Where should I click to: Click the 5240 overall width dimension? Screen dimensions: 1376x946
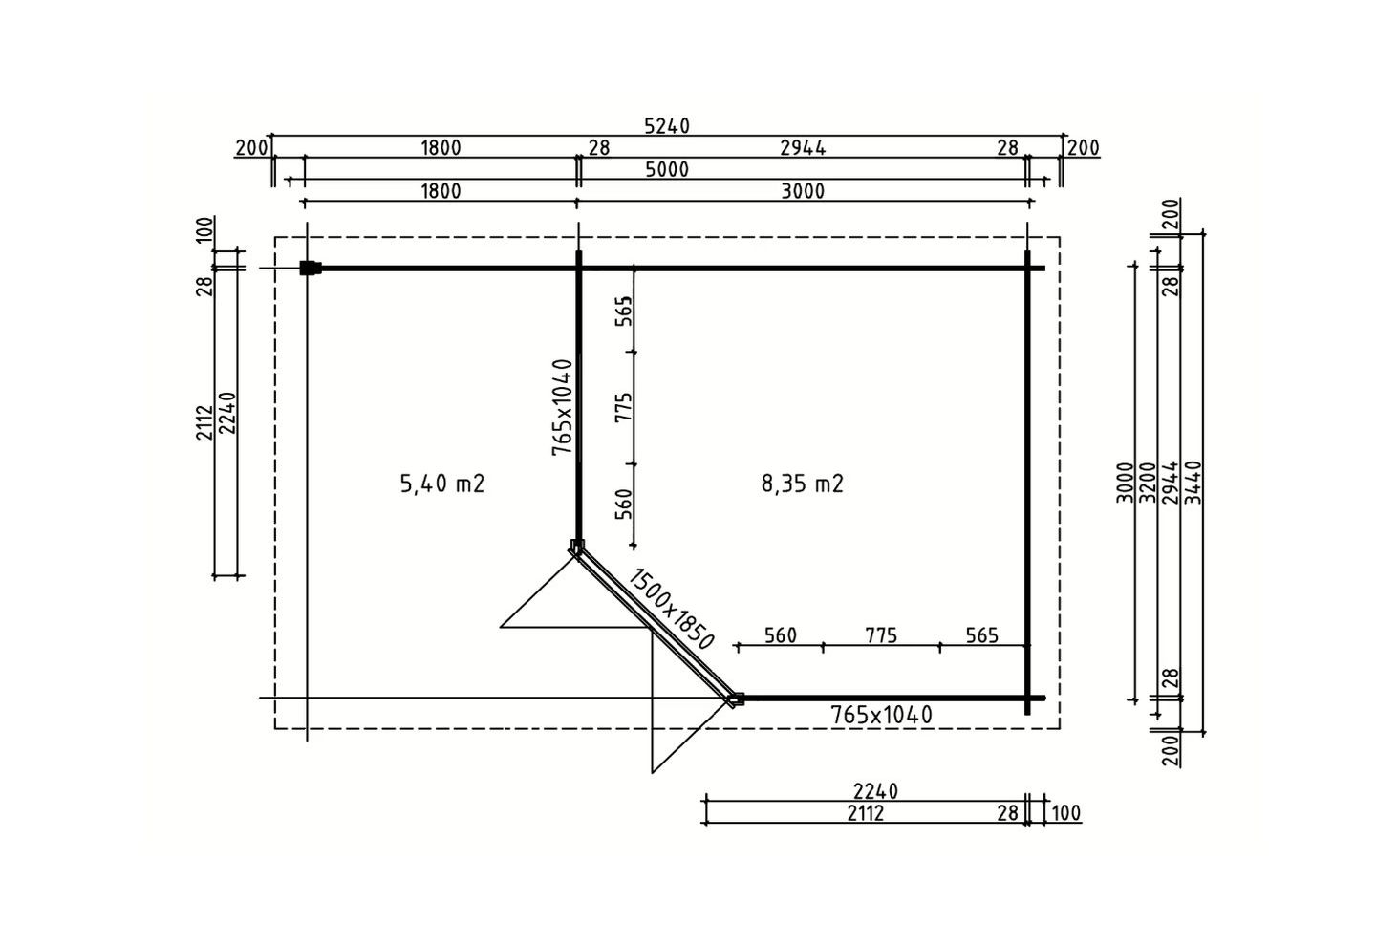[667, 126]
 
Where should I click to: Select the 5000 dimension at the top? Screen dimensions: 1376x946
[667, 169]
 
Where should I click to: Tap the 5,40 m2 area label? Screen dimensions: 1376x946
[442, 484]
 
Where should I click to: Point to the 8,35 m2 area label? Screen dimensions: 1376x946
[803, 484]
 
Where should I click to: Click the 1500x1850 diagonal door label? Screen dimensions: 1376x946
[671, 609]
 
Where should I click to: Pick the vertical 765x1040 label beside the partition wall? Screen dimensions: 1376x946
[562, 407]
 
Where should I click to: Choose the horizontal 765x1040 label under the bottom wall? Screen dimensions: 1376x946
[881, 715]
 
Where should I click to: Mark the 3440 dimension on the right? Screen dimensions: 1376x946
[1193, 483]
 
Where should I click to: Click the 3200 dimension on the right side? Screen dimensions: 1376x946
[1148, 483]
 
